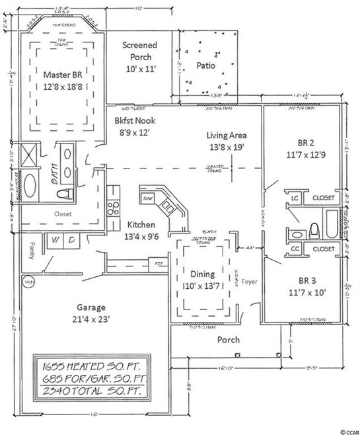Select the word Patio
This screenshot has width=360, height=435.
click(x=207, y=65)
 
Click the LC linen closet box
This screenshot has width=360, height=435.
click(x=296, y=197)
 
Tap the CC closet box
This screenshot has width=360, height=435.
click(x=295, y=249)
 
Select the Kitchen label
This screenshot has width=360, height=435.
click(x=142, y=223)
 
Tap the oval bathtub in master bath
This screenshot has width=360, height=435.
click(x=30, y=182)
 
